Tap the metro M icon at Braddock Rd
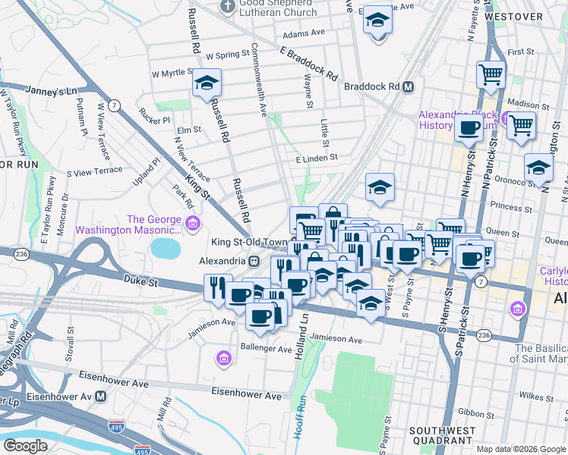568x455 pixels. coord(408,86)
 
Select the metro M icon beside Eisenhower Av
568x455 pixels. coord(100,396)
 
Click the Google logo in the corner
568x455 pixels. coord(25,446)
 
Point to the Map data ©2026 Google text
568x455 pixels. coord(521,449)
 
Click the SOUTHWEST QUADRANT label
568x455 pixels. coord(441,435)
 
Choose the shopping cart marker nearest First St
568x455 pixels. coord(491,74)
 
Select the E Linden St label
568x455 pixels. coord(316,158)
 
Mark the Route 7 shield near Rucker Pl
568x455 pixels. coord(112,105)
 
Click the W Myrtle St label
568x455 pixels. coord(174,74)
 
